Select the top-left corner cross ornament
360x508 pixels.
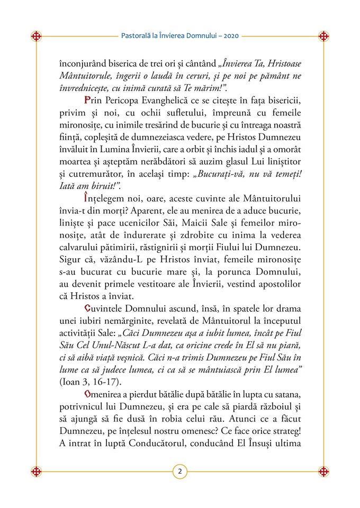[x=36, y=37]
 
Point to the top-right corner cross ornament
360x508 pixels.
[x=323, y=37]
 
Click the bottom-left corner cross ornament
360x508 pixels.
[x=36, y=471]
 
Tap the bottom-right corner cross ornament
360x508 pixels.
[x=323, y=471]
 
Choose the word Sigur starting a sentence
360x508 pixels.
[x=70, y=259]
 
